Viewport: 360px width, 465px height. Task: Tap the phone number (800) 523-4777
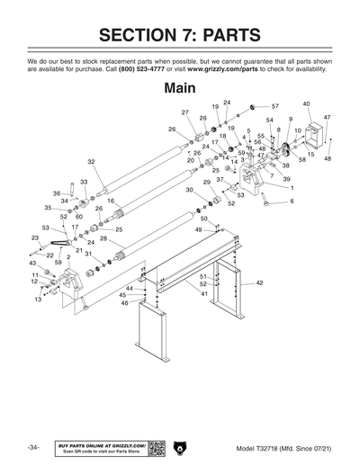139,68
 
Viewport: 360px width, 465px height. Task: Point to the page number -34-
32,446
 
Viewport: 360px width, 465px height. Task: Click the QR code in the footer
154,446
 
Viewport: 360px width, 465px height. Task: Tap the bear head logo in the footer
180,446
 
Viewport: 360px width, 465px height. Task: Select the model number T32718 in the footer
269,447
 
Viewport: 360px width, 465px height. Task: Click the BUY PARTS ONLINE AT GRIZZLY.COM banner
101,446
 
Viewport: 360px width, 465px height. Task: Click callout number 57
275,106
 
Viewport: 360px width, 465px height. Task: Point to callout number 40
306,104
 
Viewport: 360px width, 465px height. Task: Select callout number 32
91,162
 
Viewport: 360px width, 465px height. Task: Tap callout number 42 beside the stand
259,282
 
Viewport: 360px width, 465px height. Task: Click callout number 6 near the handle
291,201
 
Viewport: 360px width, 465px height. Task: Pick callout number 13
39,300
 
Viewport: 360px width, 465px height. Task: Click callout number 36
56,193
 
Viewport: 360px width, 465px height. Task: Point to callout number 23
34,237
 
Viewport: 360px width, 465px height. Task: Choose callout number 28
103,237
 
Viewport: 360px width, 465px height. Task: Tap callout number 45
122,295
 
